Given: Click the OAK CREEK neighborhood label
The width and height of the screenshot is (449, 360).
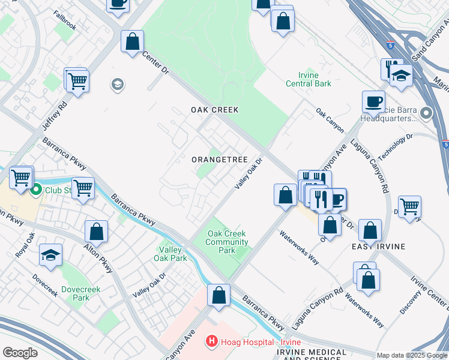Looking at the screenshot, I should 215,110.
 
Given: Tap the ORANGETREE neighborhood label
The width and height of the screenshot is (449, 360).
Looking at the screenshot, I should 220,160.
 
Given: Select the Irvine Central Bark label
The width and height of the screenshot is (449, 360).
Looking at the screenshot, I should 306,79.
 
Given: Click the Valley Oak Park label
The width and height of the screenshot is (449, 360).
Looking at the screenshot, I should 173,254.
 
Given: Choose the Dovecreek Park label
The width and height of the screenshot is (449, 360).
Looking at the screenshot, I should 77,293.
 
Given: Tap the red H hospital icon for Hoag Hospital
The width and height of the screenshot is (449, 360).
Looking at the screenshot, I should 211,341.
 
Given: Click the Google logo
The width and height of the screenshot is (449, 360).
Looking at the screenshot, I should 19,353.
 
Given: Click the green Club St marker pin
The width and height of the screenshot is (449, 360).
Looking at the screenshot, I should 35,190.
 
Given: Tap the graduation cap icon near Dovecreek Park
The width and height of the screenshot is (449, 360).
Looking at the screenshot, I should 51,254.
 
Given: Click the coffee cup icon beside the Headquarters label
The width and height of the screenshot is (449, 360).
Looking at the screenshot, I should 373,101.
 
